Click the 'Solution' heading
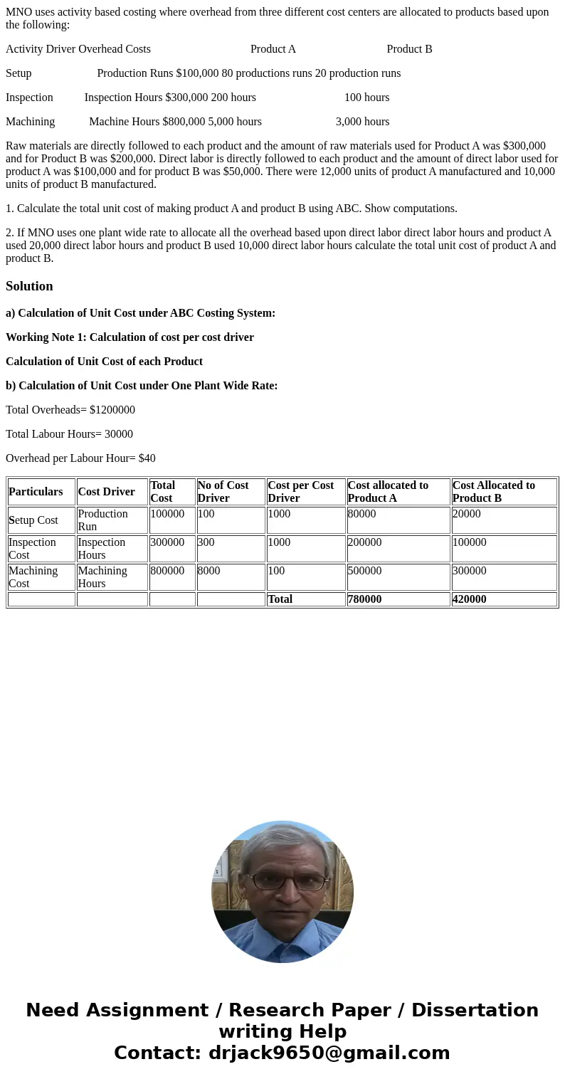pos(29,286)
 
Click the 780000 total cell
pos(364,599)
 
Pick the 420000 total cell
pos(470,599)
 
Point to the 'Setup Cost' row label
pos(33,520)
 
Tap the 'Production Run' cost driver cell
pos(102,520)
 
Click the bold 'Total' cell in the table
pos(280,599)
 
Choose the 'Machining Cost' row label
pos(33,577)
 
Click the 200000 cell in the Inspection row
pos(364,542)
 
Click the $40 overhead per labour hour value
pos(147,458)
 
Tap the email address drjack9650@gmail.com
pos(329,1053)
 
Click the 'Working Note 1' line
pos(130,337)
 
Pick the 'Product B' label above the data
pos(409,49)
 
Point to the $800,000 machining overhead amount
pos(184,122)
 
